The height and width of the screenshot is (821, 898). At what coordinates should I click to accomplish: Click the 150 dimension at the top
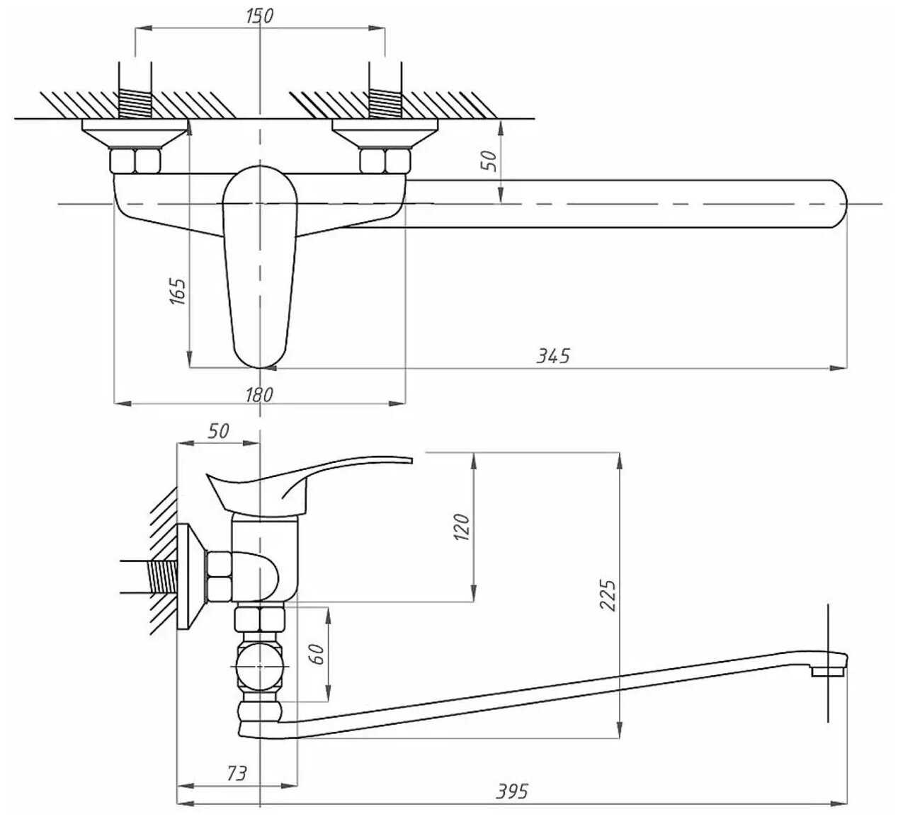259,16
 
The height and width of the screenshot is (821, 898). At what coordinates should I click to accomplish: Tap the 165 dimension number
178,292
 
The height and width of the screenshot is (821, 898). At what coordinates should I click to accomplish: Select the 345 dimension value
553,356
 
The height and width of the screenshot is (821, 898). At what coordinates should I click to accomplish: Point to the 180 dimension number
259,395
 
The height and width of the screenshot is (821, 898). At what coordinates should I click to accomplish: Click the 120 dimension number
462,527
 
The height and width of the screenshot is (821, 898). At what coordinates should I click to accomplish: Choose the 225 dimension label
608,595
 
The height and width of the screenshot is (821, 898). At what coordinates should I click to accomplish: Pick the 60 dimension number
317,655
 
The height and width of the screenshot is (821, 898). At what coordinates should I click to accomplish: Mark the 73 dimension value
237,774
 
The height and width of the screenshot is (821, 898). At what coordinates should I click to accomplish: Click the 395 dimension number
512,791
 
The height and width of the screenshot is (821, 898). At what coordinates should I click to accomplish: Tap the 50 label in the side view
218,431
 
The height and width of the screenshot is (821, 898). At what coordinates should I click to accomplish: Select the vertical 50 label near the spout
489,161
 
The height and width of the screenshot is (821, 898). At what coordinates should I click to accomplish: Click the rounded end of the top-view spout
838,204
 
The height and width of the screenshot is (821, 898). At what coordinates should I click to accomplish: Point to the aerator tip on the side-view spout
828,671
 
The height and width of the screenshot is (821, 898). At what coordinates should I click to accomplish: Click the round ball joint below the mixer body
260,667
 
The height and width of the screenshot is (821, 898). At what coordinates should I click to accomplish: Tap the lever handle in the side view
305,485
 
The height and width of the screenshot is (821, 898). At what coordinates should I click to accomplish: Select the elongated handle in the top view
260,267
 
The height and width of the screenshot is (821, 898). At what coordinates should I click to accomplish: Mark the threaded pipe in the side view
149,577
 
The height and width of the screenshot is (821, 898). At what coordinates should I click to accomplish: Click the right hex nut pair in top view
385,161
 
